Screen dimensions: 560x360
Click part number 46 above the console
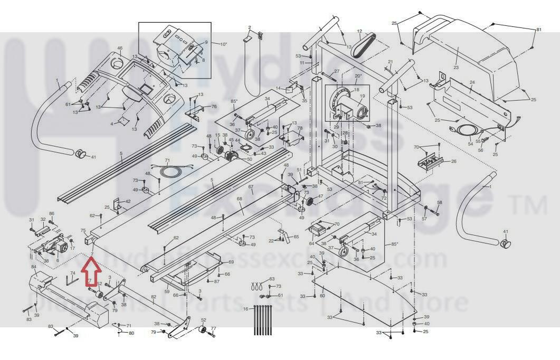coord(120,49)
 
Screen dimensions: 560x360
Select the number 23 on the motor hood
coord(456,68)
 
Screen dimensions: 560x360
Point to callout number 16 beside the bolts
coord(245,309)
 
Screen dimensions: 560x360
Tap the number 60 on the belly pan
coord(322,296)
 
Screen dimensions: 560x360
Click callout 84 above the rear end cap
coord(33,267)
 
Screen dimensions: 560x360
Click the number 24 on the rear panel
coord(472,83)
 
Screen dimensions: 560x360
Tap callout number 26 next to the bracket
coord(454,162)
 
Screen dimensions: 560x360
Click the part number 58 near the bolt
coord(439,203)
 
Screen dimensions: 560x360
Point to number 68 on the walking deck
coord(240,199)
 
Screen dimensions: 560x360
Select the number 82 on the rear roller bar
coord(154,297)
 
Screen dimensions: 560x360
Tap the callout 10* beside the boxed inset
coord(223,44)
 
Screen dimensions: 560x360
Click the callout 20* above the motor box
coord(358,76)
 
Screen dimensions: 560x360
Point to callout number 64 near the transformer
coord(311,243)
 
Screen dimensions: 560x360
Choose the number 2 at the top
coord(250,27)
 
